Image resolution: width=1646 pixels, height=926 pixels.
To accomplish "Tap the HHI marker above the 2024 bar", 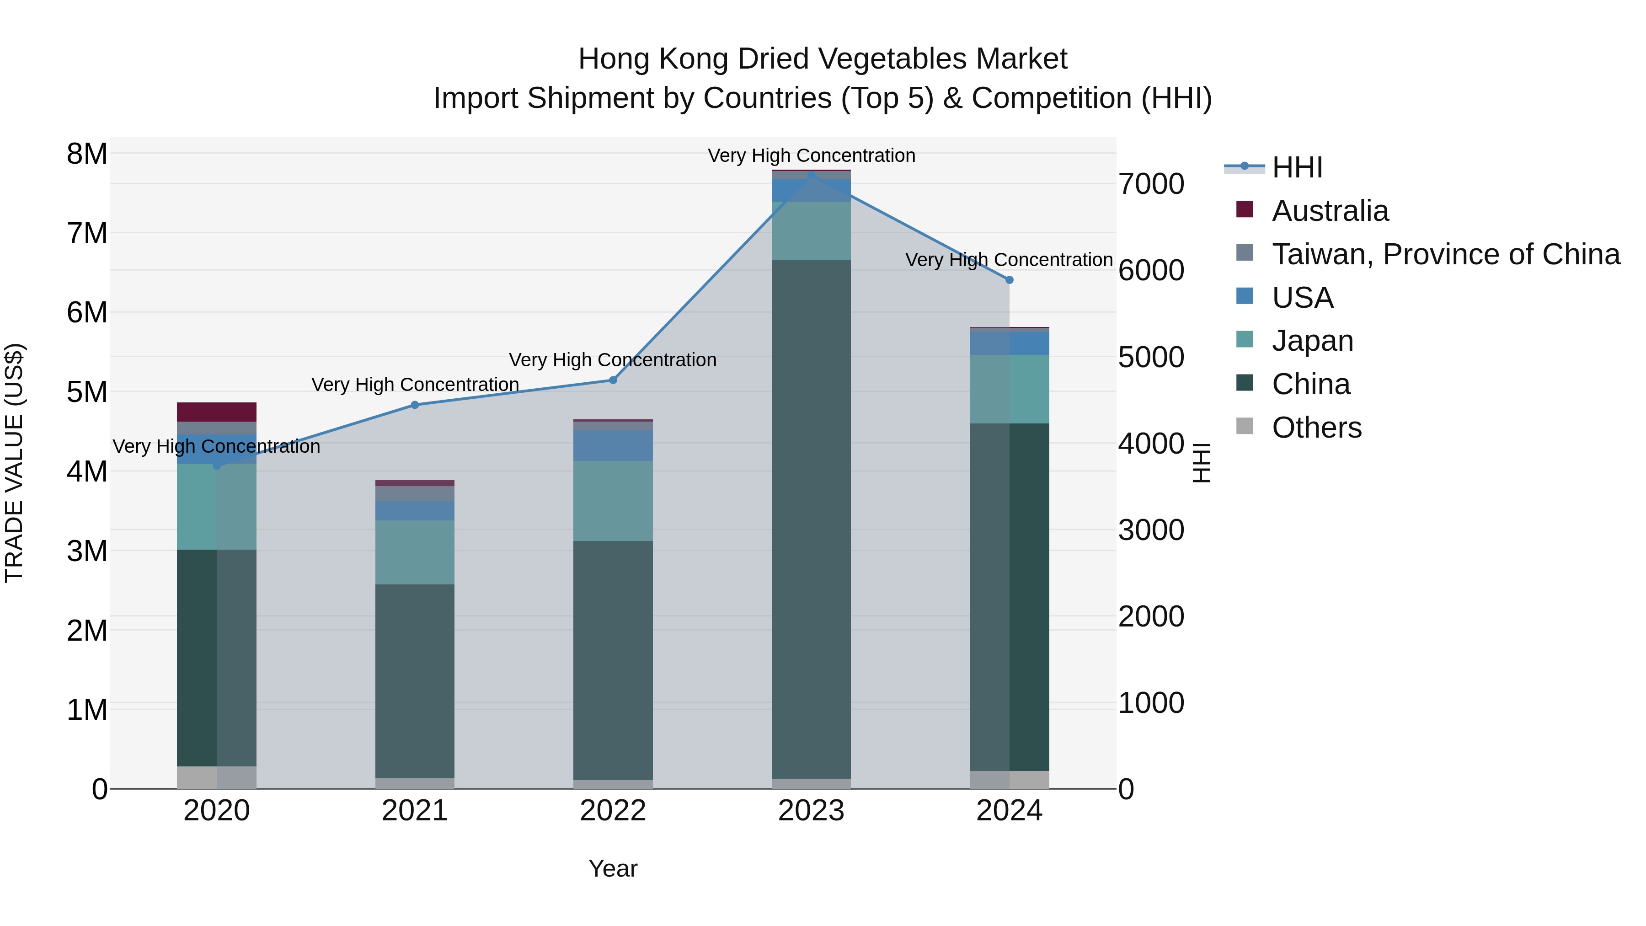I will point(1009,280).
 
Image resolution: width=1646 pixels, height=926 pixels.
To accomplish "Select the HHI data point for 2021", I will point(415,405).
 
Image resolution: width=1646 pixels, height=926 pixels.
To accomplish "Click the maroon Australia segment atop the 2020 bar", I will point(217,412).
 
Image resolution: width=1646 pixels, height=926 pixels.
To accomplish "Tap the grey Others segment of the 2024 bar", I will point(1009,779).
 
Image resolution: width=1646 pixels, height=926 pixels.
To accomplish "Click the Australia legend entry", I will point(1330,211).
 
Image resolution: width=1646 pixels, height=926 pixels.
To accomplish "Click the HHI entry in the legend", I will point(1297,167).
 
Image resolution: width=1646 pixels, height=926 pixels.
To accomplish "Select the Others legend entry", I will point(1316,428).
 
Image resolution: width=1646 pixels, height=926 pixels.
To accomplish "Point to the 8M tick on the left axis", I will point(87,154).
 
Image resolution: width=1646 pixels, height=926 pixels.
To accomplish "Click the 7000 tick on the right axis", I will point(1151,184).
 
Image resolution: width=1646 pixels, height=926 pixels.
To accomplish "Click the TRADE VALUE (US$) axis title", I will point(14,463).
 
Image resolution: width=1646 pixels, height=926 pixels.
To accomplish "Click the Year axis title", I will point(613,868).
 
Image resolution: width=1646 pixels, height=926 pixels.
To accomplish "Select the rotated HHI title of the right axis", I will point(1201,463).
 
